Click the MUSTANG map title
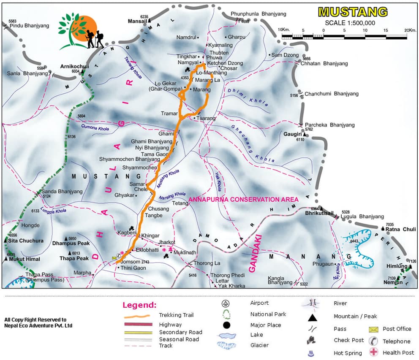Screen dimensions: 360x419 pyautogui.click(x=352, y=11)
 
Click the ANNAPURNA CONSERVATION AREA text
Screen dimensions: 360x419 pyautogui.click(x=243, y=199)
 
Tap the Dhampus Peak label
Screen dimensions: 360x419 pyautogui.click(x=71, y=244)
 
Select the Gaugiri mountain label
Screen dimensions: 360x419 pyautogui.click(x=292, y=134)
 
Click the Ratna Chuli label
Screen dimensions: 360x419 pyautogui.click(x=401, y=230)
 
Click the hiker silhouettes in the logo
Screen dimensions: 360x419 pyautogui.click(x=95, y=38)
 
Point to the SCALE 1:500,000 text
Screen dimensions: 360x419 pyautogui.click(x=350, y=23)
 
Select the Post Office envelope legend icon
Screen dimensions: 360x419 pyautogui.click(x=373, y=329)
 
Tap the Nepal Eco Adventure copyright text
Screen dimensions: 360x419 pyautogui.click(x=38, y=322)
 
